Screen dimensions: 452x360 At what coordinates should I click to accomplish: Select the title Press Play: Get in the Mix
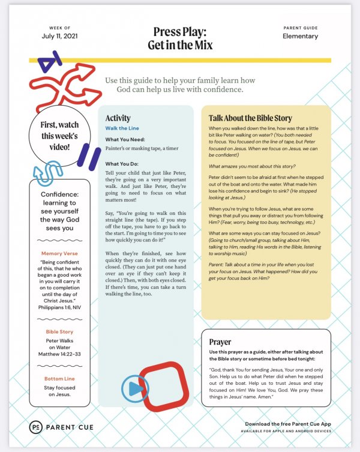(179, 38)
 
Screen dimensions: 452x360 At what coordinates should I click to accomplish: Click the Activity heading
(118, 118)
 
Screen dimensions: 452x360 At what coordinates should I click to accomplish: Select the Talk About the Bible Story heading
(250, 118)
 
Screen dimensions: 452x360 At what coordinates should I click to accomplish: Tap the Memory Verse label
(59, 270)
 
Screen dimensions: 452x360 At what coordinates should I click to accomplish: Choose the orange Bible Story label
(59, 331)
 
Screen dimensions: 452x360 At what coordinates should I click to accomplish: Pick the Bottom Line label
(59, 378)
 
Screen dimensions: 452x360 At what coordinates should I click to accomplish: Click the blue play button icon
(135, 388)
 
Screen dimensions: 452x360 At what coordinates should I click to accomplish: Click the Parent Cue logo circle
(36, 427)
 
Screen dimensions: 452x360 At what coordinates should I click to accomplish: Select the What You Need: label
(126, 139)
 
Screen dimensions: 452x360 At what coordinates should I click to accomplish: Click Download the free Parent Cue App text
(288, 424)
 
